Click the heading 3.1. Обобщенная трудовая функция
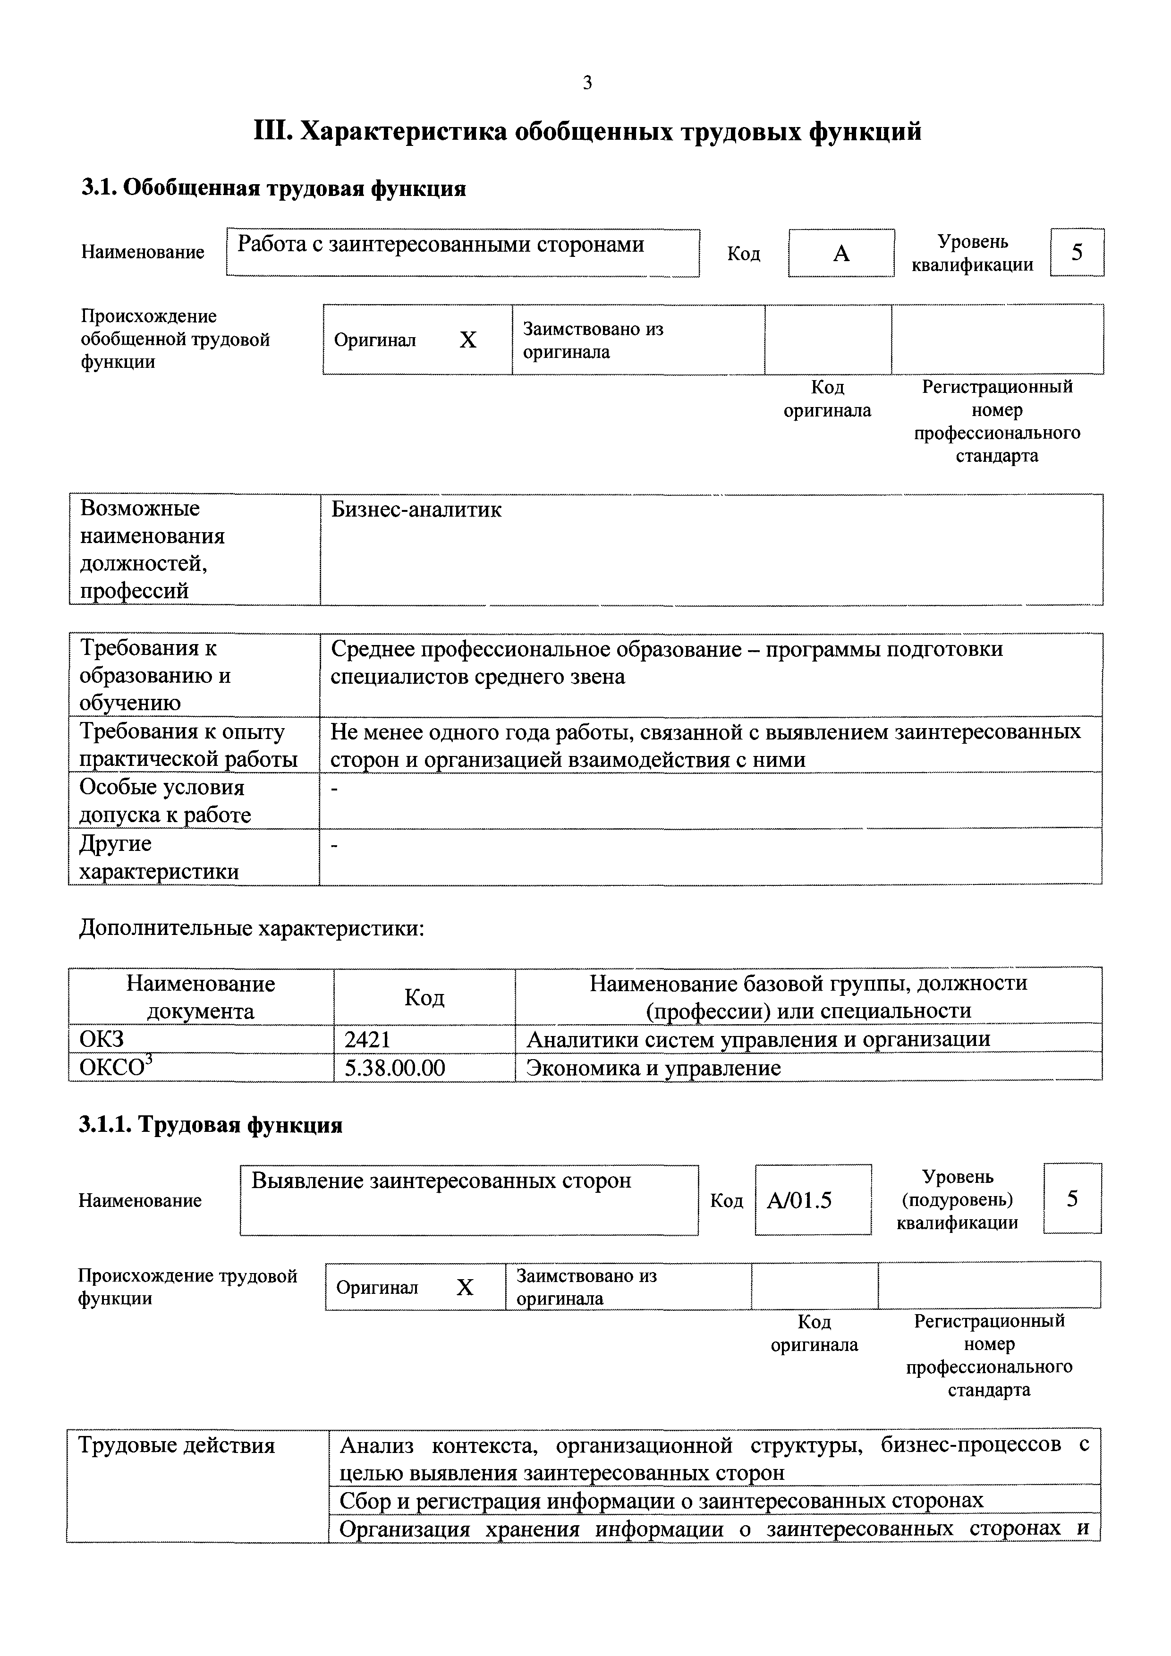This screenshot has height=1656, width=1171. pyautogui.click(x=273, y=188)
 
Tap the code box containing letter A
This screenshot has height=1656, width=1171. pyautogui.click(x=841, y=253)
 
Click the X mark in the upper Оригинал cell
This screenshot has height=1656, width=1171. pyautogui.click(x=468, y=340)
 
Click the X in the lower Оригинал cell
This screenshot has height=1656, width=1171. pyautogui.click(x=465, y=1287)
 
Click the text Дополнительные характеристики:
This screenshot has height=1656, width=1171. pyautogui.click(x=252, y=928)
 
